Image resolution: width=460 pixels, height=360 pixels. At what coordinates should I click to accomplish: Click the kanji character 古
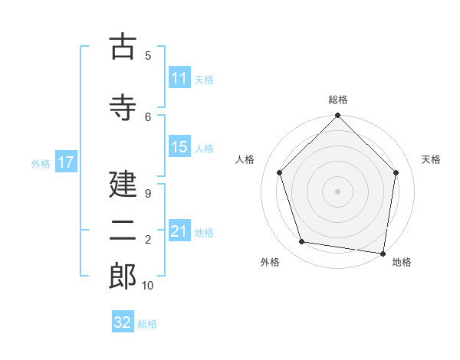click(x=123, y=47)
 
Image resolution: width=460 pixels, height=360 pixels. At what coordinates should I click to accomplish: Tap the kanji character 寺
click(x=123, y=106)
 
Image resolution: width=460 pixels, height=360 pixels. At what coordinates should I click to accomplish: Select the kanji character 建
click(x=123, y=184)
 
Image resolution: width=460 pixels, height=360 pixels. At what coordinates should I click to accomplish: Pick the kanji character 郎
click(x=123, y=277)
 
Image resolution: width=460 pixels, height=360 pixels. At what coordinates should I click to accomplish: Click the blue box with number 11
click(x=179, y=78)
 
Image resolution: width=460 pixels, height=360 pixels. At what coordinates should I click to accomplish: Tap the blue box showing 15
click(x=179, y=148)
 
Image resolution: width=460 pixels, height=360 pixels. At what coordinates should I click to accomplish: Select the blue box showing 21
click(x=179, y=231)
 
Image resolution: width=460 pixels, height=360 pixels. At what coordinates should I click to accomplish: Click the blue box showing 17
click(x=66, y=162)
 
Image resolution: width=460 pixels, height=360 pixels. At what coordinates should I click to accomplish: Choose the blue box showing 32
click(x=123, y=322)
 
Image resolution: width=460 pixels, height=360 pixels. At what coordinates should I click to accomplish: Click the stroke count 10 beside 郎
click(x=147, y=286)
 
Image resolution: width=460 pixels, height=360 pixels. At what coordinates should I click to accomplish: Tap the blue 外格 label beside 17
click(x=41, y=163)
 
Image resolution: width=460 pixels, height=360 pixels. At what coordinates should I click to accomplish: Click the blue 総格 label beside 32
click(x=147, y=323)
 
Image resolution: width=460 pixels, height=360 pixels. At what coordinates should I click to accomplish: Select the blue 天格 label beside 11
click(x=204, y=79)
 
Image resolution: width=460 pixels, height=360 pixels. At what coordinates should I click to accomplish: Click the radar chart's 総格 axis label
click(x=338, y=100)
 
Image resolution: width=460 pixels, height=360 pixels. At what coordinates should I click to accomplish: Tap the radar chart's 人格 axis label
click(x=245, y=159)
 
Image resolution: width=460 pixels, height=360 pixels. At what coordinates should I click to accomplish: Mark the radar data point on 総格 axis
click(x=337, y=116)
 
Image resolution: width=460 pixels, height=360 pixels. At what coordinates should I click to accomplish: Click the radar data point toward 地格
click(x=383, y=253)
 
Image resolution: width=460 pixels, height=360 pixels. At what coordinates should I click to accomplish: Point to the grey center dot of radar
click(x=337, y=191)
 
